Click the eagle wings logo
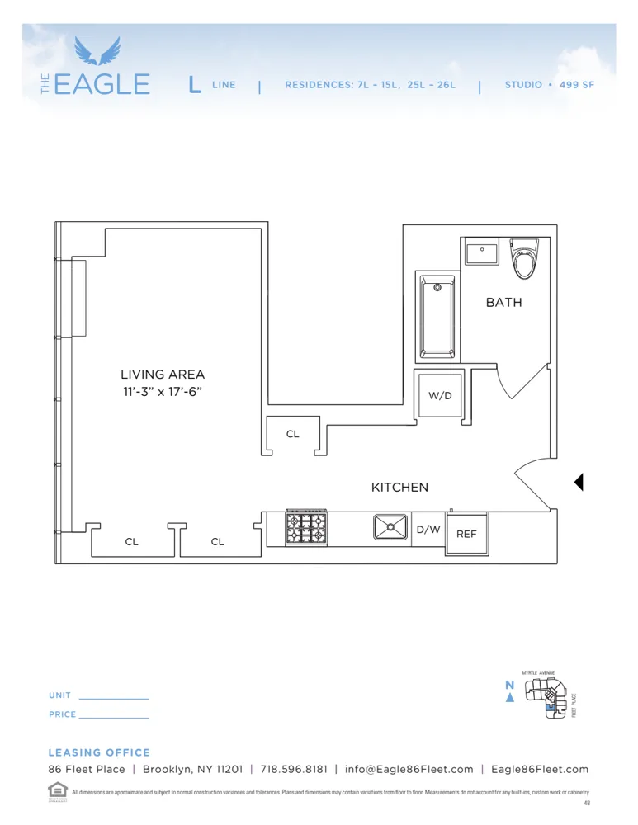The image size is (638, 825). click(97, 50)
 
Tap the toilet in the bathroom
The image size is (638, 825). click(524, 260)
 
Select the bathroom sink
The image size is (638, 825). click(481, 252)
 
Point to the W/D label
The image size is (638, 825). click(440, 396)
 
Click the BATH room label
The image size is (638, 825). click(503, 303)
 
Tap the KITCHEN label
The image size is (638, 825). click(399, 488)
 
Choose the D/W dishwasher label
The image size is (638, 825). click(428, 530)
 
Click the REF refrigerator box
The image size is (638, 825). click(466, 534)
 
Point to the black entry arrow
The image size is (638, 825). click(579, 482)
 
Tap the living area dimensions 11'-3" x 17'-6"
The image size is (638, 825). click(162, 392)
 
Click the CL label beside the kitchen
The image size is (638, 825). click(293, 434)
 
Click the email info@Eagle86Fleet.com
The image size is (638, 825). click(409, 769)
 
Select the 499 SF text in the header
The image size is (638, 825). click(576, 85)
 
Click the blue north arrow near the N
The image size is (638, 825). click(510, 698)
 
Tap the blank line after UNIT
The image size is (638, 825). click(113, 698)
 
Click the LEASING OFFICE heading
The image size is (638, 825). click(99, 752)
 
